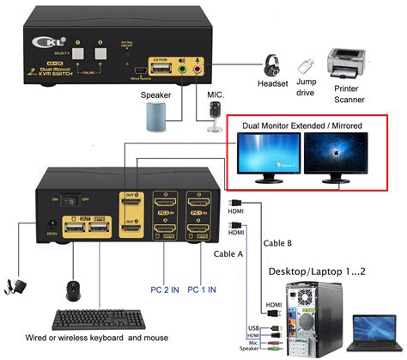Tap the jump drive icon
(x=304, y=64)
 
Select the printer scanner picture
(x=349, y=62)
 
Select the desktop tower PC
(x=308, y=317)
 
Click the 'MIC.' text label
(x=216, y=93)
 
